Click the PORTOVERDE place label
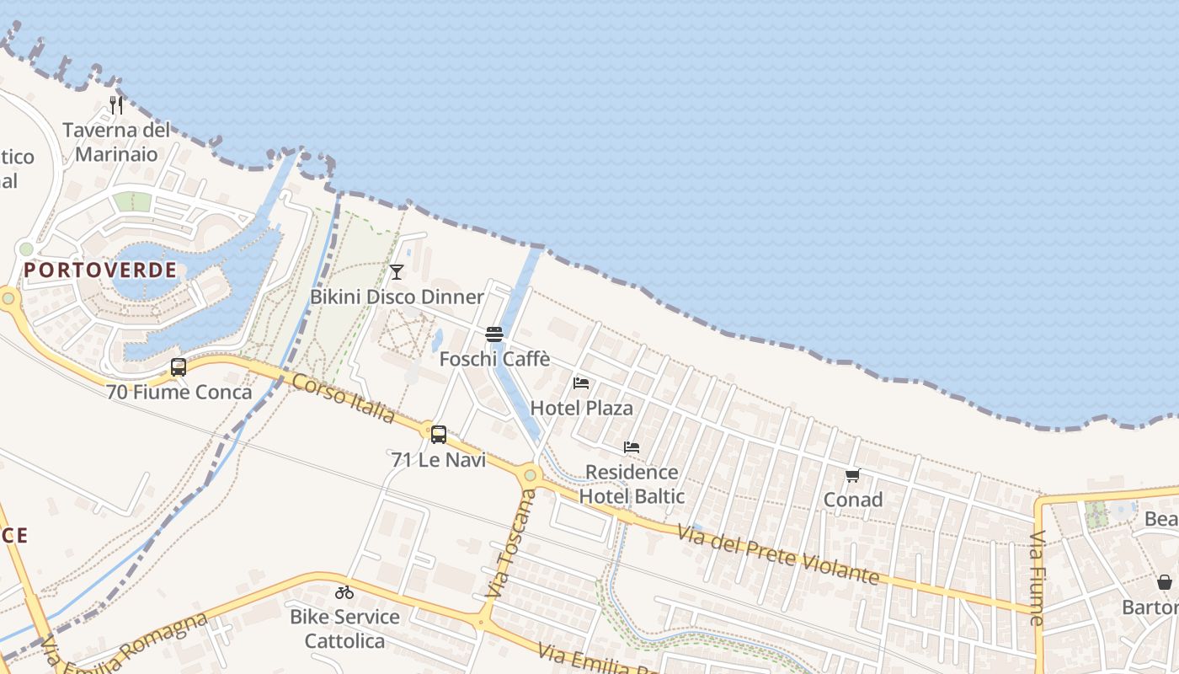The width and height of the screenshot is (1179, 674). click(101, 270)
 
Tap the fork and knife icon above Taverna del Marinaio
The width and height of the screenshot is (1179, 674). click(116, 105)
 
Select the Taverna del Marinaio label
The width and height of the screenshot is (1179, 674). click(116, 142)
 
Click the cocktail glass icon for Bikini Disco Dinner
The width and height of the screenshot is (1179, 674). click(397, 271)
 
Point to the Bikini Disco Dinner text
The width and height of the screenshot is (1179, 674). click(397, 297)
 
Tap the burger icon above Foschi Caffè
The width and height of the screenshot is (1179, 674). click(494, 334)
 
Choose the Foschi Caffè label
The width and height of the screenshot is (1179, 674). click(494, 359)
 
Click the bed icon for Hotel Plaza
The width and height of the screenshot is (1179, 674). click(581, 383)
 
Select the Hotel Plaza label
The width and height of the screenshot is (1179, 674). click(581, 409)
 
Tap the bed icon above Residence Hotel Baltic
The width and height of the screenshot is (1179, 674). click(632, 447)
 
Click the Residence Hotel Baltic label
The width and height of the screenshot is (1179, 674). click(632, 484)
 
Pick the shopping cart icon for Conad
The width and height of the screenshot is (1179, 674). click(852, 475)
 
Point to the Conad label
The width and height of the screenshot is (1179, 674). click(852, 500)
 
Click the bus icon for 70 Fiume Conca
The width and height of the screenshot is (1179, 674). click(179, 367)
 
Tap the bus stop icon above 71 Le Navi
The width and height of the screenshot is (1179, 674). click(439, 435)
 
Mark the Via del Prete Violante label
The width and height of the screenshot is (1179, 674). click(778, 554)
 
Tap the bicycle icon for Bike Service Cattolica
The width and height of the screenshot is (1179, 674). click(344, 592)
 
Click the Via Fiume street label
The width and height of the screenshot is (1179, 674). click(1037, 577)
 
